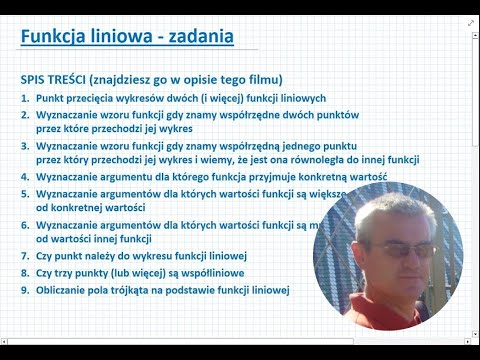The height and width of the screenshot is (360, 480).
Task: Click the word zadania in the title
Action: (197, 38)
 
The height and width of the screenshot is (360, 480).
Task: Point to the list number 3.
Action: (24, 146)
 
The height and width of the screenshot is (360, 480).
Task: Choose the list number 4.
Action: (24, 176)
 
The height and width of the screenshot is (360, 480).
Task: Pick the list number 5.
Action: (24, 193)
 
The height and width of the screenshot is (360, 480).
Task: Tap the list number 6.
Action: (24, 226)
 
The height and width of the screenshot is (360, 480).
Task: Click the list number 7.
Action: (24, 257)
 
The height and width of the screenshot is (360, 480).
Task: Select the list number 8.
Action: (24, 274)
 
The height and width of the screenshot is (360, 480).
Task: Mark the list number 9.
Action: (24, 291)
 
